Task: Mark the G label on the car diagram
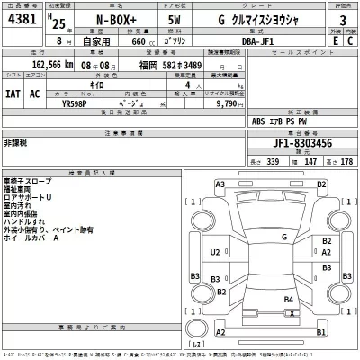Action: (x=284, y=237)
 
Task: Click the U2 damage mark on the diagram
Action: (x=214, y=253)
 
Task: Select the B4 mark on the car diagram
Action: (x=288, y=299)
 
